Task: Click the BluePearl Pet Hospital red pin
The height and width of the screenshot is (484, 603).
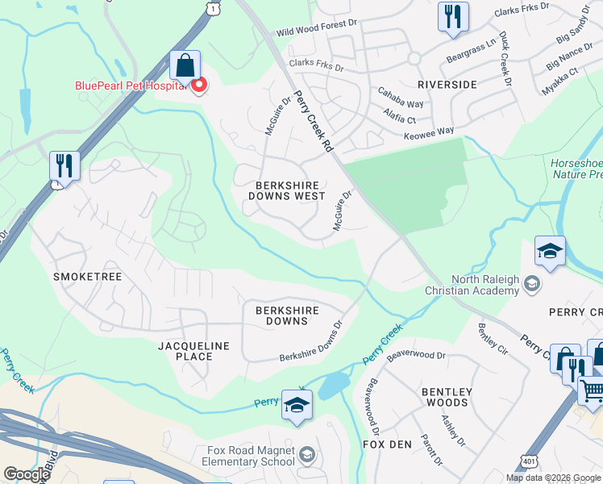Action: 198,84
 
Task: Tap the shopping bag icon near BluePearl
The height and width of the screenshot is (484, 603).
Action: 185,65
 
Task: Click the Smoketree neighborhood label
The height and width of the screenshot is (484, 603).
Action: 87,277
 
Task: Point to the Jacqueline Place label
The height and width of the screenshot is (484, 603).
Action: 193,351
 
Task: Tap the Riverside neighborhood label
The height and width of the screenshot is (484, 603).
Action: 447,84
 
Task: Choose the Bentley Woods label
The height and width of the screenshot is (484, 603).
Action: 444,397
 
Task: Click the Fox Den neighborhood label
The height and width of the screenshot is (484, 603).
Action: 388,444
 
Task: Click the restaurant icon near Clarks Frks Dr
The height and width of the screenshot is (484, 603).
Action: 453,16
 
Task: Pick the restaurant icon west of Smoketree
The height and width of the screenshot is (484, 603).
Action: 64,165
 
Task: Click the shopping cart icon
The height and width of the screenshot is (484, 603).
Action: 592,390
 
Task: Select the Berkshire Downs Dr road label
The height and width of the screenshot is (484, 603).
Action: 312,347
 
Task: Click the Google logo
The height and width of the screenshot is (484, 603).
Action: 27,474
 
